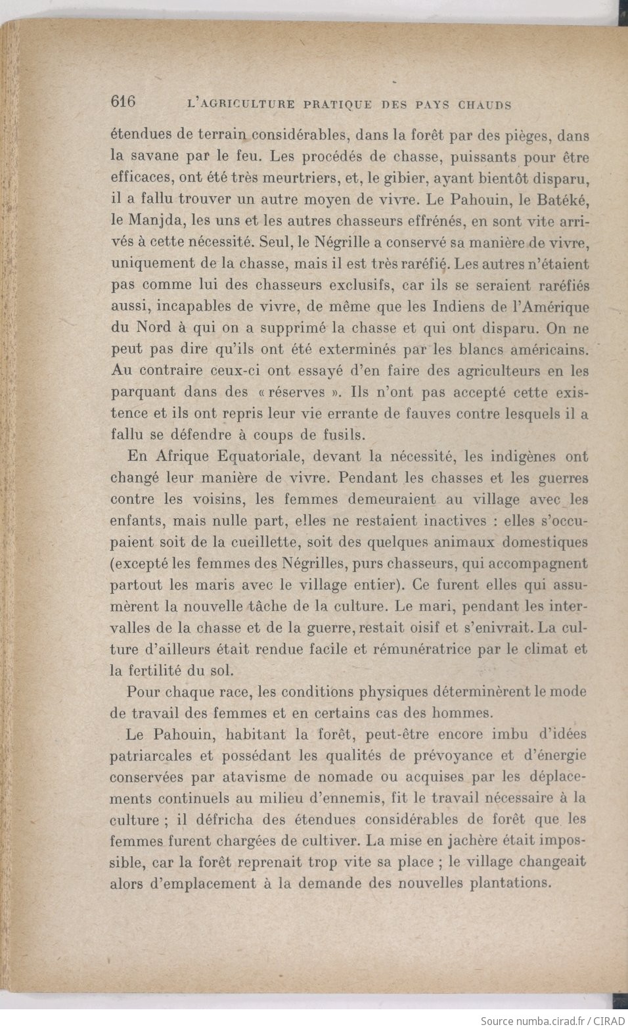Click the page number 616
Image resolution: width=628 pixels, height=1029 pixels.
pos(123,102)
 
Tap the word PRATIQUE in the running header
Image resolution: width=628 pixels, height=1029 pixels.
pos(338,104)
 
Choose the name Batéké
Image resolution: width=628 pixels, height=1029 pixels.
pos(562,200)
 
